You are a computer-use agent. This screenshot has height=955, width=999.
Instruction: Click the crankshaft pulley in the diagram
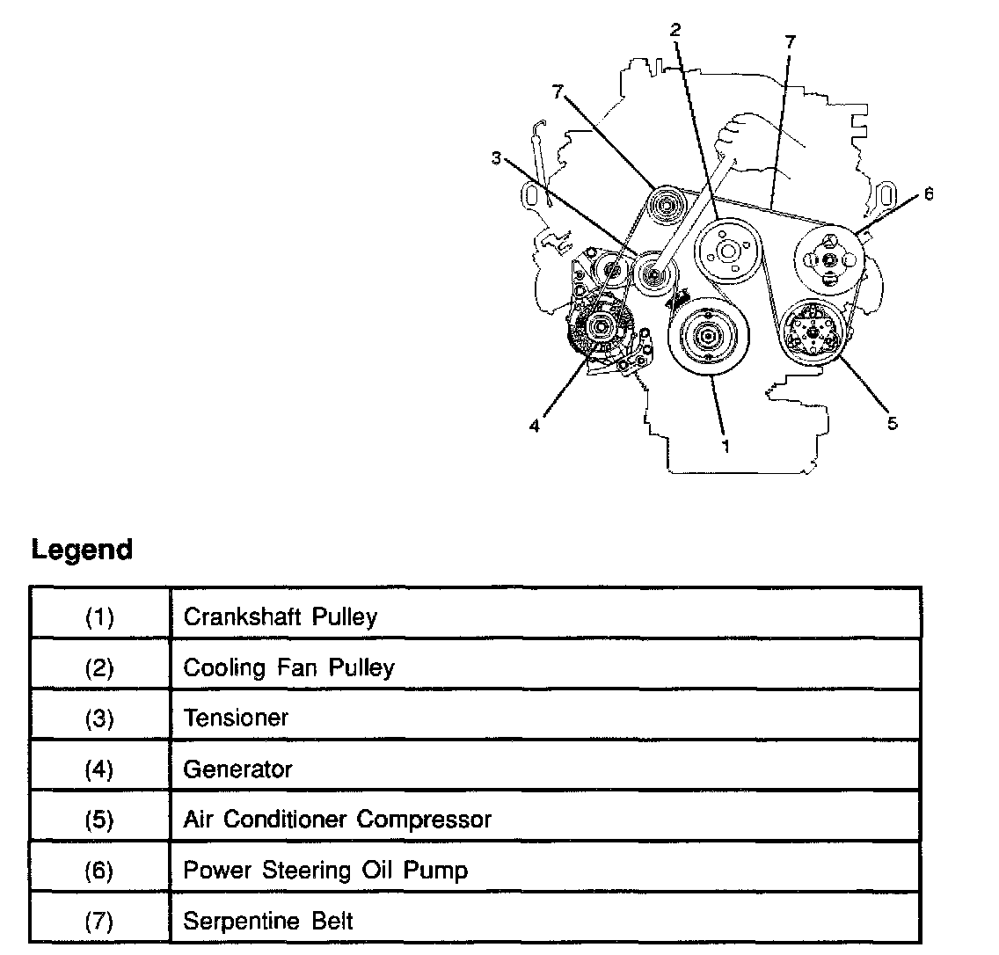(x=707, y=338)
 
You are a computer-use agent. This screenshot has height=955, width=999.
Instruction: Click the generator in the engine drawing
(x=600, y=331)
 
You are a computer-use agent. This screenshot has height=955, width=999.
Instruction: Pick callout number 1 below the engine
(x=726, y=447)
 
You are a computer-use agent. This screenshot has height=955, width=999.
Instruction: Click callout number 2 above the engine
(x=675, y=30)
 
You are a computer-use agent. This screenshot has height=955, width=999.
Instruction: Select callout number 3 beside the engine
(x=497, y=159)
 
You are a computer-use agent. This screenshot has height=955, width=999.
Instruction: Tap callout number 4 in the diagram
(x=534, y=426)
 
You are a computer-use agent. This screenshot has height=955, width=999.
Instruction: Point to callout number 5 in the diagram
(x=893, y=424)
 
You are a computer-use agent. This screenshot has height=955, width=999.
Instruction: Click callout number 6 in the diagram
(x=929, y=194)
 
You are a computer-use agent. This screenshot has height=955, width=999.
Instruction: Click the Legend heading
(x=82, y=550)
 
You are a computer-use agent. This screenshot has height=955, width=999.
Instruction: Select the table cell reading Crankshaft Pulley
(x=280, y=616)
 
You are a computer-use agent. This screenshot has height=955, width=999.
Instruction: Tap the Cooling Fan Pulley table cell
(x=288, y=667)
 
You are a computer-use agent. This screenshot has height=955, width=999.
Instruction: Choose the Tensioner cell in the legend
(x=236, y=718)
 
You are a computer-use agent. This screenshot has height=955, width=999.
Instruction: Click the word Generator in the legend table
(x=237, y=769)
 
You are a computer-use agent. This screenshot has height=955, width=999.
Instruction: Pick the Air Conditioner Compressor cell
(x=337, y=820)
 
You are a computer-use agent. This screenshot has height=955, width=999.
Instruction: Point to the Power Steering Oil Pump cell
(x=325, y=871)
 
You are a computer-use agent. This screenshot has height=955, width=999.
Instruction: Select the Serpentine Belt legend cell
(x=268, y=921)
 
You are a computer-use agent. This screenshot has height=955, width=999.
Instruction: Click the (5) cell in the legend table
(x=99, y=820)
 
